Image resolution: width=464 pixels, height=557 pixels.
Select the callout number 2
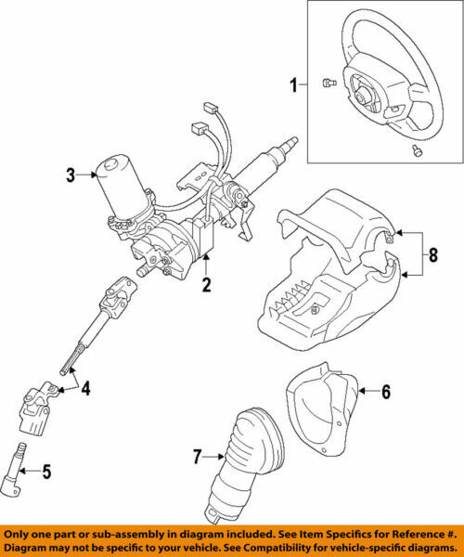click(206, 285)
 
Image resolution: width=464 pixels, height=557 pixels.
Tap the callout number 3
click(69, 174)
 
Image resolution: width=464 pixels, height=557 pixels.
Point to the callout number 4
click(86, 389)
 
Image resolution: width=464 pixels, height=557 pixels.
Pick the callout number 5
click(46, 472)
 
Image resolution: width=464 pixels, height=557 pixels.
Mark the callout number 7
click(198, 456)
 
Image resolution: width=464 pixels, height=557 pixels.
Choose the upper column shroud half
click(343, 223)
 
